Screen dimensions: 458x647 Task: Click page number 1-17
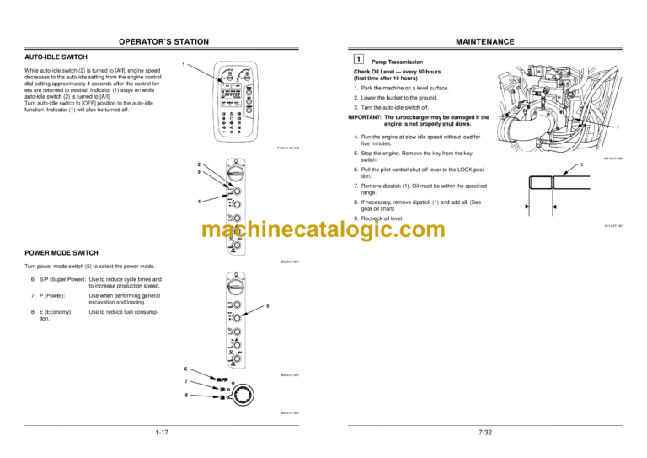[x=163, y=432]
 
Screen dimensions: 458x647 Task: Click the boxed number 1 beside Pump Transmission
[x=358, y=61]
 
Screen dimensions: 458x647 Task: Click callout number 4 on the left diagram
[x=198, y=202]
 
